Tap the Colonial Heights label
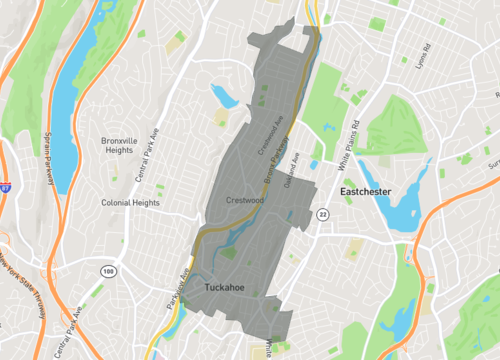pyautogui.click(x=130, y=202)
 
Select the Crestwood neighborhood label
pyautogui.click(x=245, y=200)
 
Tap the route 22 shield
pyautogui.click(x=322, y=214)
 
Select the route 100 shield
pyautogui.click(x=107, y=271)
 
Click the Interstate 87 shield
pyautogui.click(x=4, y=186)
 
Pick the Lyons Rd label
pyautogui.click(x=421, y=60)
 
